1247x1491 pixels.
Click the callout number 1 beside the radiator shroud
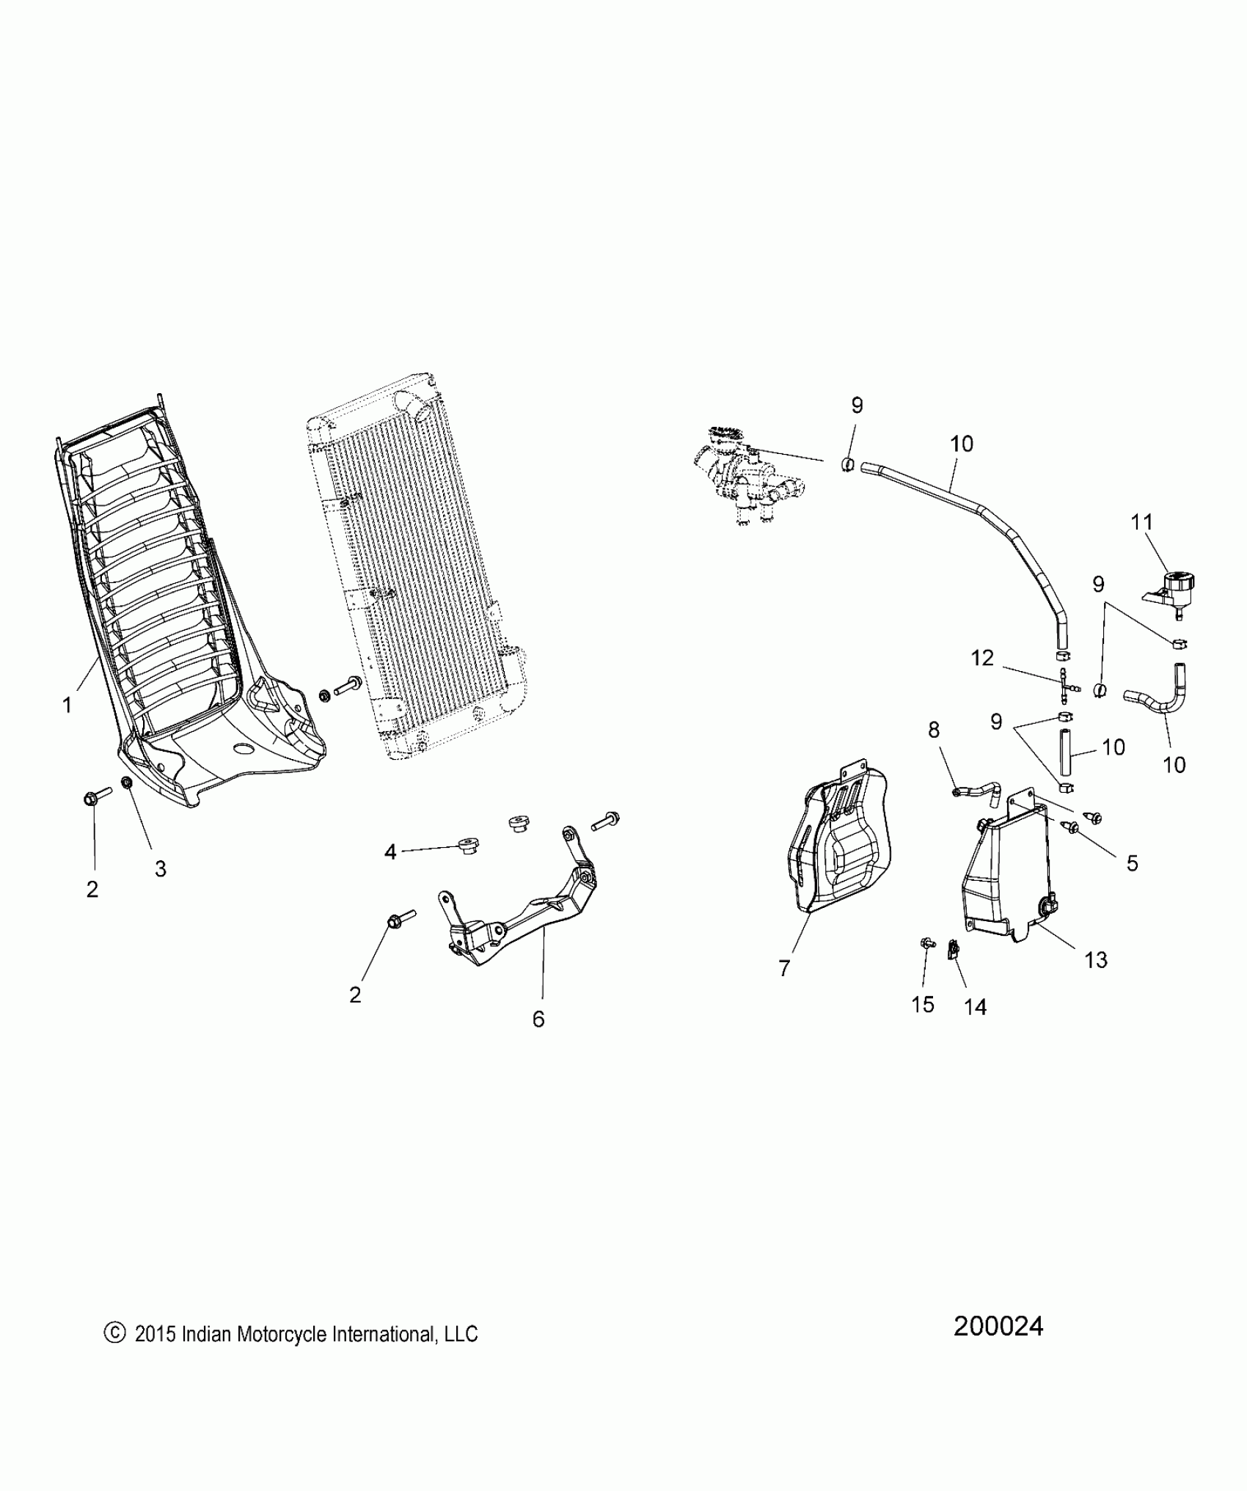[67, 706]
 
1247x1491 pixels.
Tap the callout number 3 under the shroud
[160, 868]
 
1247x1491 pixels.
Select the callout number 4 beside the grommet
[390, 851]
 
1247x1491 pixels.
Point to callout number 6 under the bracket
[538, 1019]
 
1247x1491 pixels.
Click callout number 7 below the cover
[784, 969]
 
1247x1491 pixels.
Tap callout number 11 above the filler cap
[1142, 522]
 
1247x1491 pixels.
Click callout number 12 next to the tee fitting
[981, 658]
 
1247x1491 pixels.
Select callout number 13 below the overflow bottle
[1096, 959]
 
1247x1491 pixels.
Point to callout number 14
[975, 1007]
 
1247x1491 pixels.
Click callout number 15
[923, 1004]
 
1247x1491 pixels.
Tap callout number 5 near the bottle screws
[1132, 863]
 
